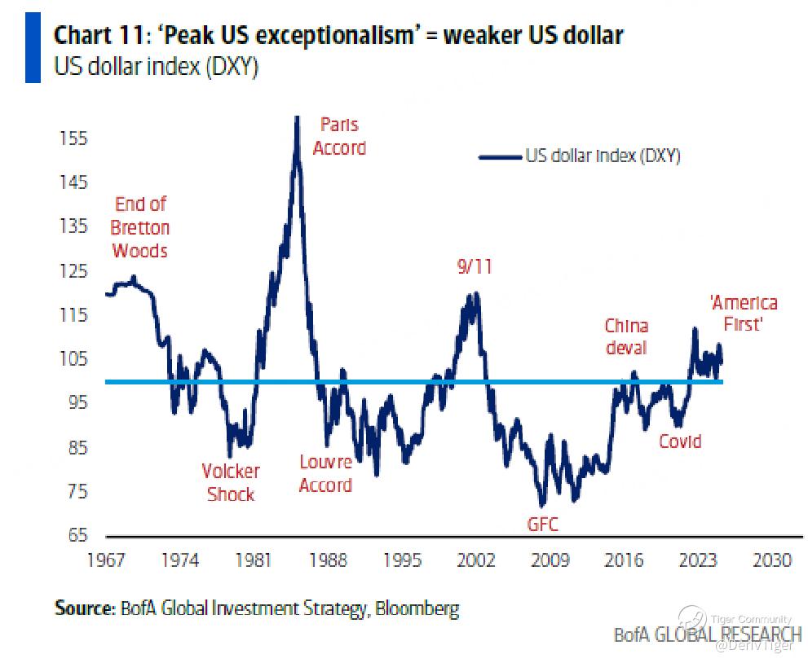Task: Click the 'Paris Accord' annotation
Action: pos(339,136)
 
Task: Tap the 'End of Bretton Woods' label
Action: pos(140,227)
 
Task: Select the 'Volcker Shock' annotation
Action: pos(231,482)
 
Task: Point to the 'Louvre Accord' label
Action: pos(325,473)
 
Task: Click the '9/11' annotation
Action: pos(474,267)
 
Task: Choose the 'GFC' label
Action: pos(543,524)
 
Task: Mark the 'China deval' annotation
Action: pos(625,336)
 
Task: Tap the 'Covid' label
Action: pos(680,441)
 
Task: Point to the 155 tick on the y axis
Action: pos(73,138)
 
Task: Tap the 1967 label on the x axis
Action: pos(106,560)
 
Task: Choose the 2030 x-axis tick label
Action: pos(771,560)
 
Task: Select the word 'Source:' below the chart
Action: pos(82,608)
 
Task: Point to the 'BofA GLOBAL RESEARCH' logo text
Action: pos(707,634)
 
